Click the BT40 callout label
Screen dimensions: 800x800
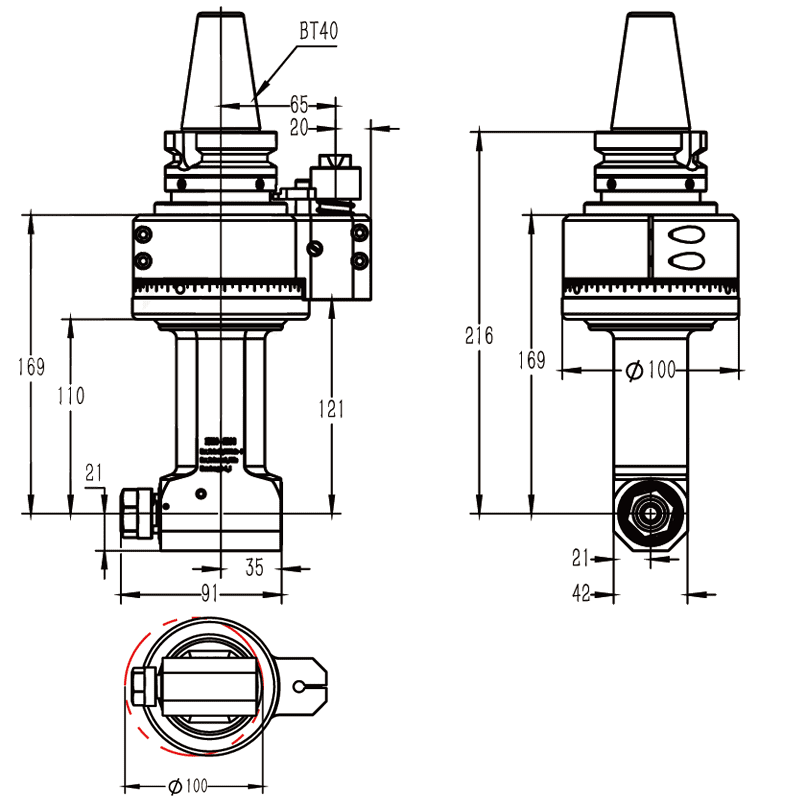click(319, 31)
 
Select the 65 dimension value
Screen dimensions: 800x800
click(299, 104)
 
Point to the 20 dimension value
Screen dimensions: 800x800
click(299, 127)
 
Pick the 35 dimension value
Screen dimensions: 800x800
click(254, 568)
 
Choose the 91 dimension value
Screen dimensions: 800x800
click(208, 594)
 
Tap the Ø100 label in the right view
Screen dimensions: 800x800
click(651, 371)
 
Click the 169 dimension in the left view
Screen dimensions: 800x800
click(32, 367)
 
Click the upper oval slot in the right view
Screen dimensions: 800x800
click(686, 236)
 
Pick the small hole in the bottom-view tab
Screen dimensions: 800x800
click(301, 686)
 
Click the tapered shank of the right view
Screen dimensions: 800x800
click(651, 75)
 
